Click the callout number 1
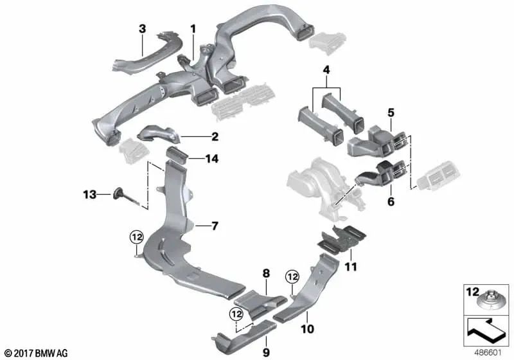pyautogui.click(x=191, y=28)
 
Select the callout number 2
pyautogui.click(x=215, y=136)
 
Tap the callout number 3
pyautogui.click(x=143, y=28)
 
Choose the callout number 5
pyautogui.click(x=390, y=113)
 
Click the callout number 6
pyautogui.click(x=389, y=201)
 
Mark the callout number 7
pyautogui.click(x=216, y=226)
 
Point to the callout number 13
pyautogui.click(x=89, y=193)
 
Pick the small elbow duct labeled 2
pyautogui.click(x=161, y=134)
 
